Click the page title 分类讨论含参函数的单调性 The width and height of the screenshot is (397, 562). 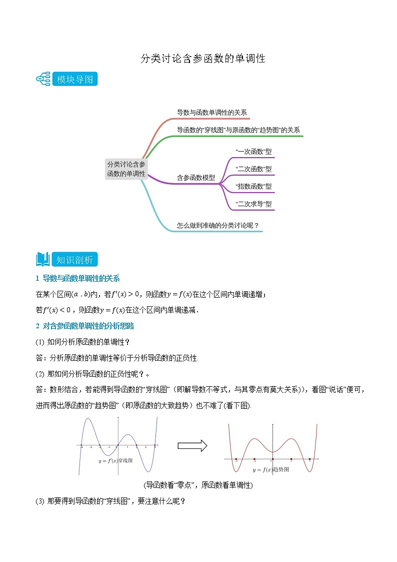pos(202,59)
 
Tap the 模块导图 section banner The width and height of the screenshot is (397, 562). pos(75,79)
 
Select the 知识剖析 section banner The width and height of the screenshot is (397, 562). pos(75,260)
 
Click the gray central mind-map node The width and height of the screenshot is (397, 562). pos(126,169)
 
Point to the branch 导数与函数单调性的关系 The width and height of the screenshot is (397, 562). pos(212,113)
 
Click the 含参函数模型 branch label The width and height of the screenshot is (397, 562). pos(196,178)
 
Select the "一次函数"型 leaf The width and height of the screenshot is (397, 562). pos(253,152)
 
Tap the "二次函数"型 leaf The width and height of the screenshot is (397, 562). pos(253,169)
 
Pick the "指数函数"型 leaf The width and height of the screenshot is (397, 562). pos(253,186)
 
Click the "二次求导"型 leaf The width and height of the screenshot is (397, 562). pos(253,204)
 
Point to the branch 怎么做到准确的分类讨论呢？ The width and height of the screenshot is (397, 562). pos(218,225)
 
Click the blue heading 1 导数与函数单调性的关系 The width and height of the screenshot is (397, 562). pos(77,279)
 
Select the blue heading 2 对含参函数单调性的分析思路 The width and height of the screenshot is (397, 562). pos(84,326)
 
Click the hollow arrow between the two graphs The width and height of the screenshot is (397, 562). pos(192,445)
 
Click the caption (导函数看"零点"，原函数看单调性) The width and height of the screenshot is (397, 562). pos(198,485)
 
